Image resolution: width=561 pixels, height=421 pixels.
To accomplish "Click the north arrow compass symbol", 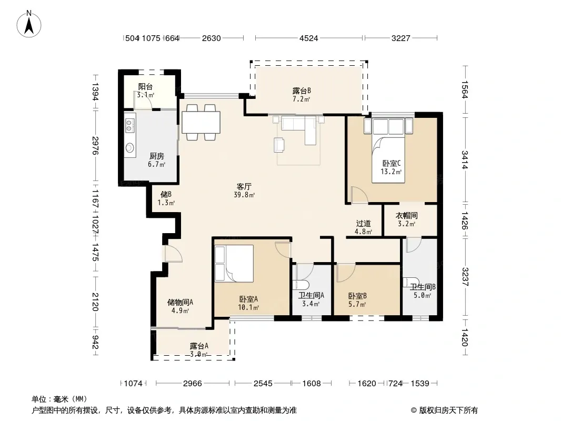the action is (x=28, y=24).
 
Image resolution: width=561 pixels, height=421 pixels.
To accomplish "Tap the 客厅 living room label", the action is (x=244, y=186).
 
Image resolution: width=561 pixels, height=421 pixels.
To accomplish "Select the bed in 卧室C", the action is (x=388, y=151).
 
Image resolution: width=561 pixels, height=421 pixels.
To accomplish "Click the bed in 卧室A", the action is (x=234, y=264).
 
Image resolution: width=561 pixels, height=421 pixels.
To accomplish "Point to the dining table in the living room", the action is (x=201, y=122).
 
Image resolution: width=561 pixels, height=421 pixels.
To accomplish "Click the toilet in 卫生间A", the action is (x=300, y=285).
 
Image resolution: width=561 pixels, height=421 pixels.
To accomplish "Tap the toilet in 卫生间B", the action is (x=410, y=282).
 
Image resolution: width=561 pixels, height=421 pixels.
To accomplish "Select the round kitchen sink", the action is (x=129, y=147).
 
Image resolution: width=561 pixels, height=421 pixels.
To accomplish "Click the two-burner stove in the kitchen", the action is (x=129, y=125).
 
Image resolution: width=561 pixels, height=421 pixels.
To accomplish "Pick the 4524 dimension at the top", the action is (x=308, y=38).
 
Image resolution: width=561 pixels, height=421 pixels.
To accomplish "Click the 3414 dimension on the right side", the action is (x=464, y=160).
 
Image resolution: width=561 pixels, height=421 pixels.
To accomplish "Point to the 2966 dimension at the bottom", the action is (x=193, y=384).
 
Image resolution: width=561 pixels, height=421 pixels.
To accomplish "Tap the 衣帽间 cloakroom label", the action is (x=406, y=215).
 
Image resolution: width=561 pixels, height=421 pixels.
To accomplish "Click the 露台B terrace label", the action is (x=301, y=91).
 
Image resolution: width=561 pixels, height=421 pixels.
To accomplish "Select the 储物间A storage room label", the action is (x=181, y=302).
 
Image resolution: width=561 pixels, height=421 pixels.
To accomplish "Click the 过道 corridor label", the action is (x=364, y=223).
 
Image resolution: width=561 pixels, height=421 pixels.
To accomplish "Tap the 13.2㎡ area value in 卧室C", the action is (x=391, y=172).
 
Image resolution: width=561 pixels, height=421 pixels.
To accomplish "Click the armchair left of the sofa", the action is (x=279, y=145).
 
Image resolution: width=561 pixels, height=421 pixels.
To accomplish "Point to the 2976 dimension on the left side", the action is (x=95, y=145).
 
